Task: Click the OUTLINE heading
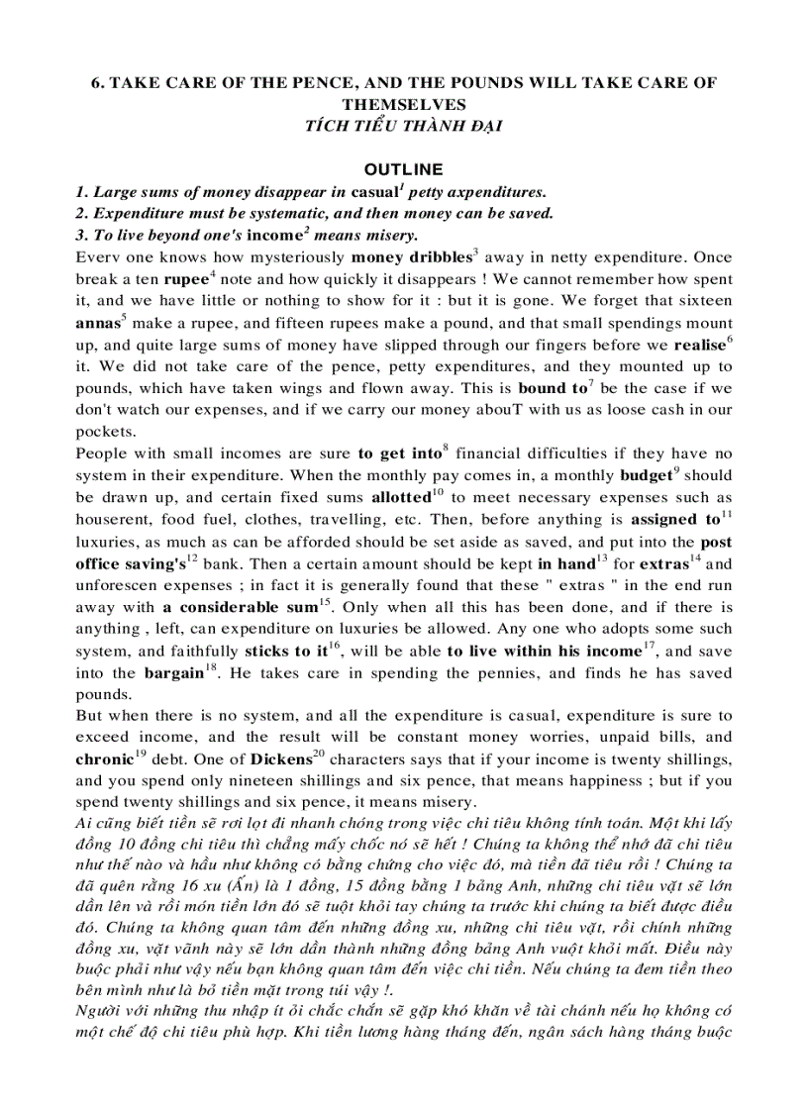coord(403,169)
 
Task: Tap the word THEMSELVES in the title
coord(403,103)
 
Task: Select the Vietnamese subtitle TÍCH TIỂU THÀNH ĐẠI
coord(403,124)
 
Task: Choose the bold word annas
coord(97,323)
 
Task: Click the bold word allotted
coord(399,497)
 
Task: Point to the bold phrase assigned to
coord(675,519)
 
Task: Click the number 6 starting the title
coord(96,83)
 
